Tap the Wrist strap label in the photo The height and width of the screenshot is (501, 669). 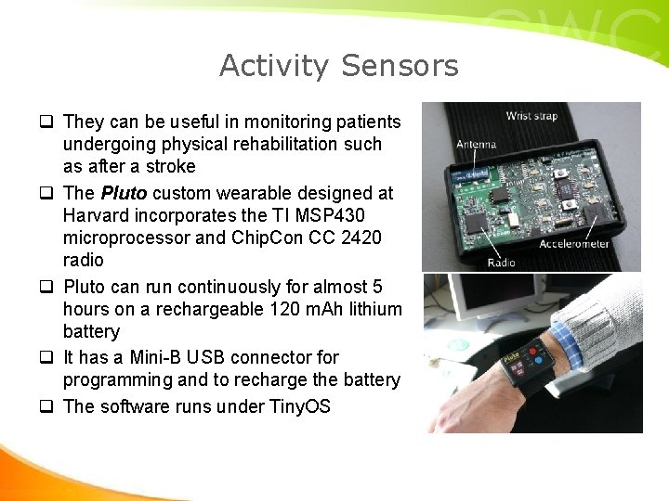pyautogui.click(x=531, y=116)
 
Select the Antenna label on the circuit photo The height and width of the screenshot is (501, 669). pyautogui.click(x=476, y=144)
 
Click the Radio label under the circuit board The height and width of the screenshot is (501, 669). pyautogui.click(x=502, y=263)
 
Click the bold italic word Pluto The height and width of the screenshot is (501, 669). pyautogui.click(x=124, y=193)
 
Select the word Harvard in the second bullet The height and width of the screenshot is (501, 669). pyautogui.click(x=98, y=215)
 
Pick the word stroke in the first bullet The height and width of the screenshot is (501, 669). pyautogui.click(x=170, y=167)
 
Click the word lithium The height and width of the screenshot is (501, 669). pyautogui.click(x=371, y=309)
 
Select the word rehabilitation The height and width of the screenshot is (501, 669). pyautogui.click(x=269, y=145)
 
